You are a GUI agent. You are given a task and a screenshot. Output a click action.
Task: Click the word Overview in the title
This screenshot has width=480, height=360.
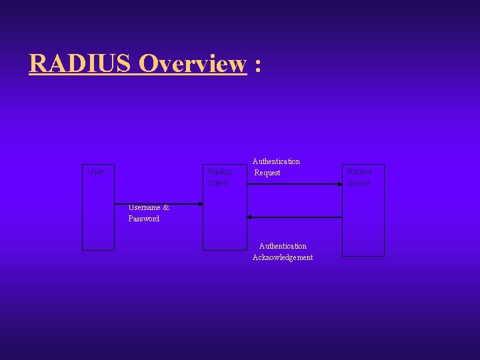(x=193, y=64)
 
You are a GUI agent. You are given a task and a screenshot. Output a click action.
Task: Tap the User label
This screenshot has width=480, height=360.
(x=96, y=172)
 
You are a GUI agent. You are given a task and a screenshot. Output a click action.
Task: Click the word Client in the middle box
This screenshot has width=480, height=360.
(x=218, y=183)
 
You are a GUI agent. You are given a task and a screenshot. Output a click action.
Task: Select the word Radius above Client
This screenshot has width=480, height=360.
(x=220, y=172)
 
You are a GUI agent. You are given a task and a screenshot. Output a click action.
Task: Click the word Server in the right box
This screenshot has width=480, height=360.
(x=359, y=183)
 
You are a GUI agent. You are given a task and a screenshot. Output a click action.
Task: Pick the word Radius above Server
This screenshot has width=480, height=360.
(x=359, y=172)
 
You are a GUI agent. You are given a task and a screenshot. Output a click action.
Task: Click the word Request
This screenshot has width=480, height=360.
(x=267, y=173)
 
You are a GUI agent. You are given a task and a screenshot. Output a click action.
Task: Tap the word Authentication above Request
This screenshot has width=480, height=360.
(x=276, y=161)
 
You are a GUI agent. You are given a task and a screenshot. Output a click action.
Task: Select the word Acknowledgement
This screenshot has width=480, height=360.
(x=283, y=257)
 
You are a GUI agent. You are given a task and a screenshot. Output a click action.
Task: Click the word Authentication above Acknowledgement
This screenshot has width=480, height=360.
(x=283, y=246)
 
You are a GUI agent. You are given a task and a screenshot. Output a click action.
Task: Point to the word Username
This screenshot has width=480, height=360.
(x=145, y=207)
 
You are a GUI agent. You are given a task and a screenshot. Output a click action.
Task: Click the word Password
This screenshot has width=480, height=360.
(x=144, y=219)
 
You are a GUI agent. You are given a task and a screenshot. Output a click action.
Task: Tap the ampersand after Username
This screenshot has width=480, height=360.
(x=166, y=207)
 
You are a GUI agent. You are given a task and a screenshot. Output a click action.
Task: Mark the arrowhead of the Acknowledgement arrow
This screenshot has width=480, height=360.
(x=250, y=217)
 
